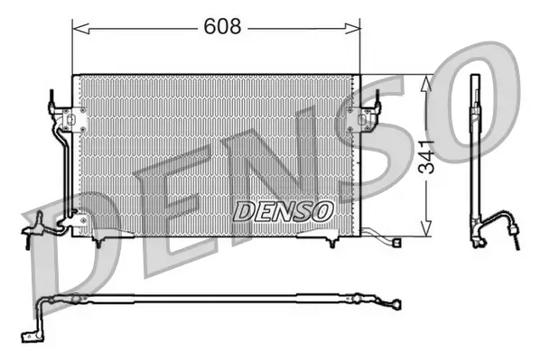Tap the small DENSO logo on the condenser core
tap(284, 209)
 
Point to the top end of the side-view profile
tap(472, 78)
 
